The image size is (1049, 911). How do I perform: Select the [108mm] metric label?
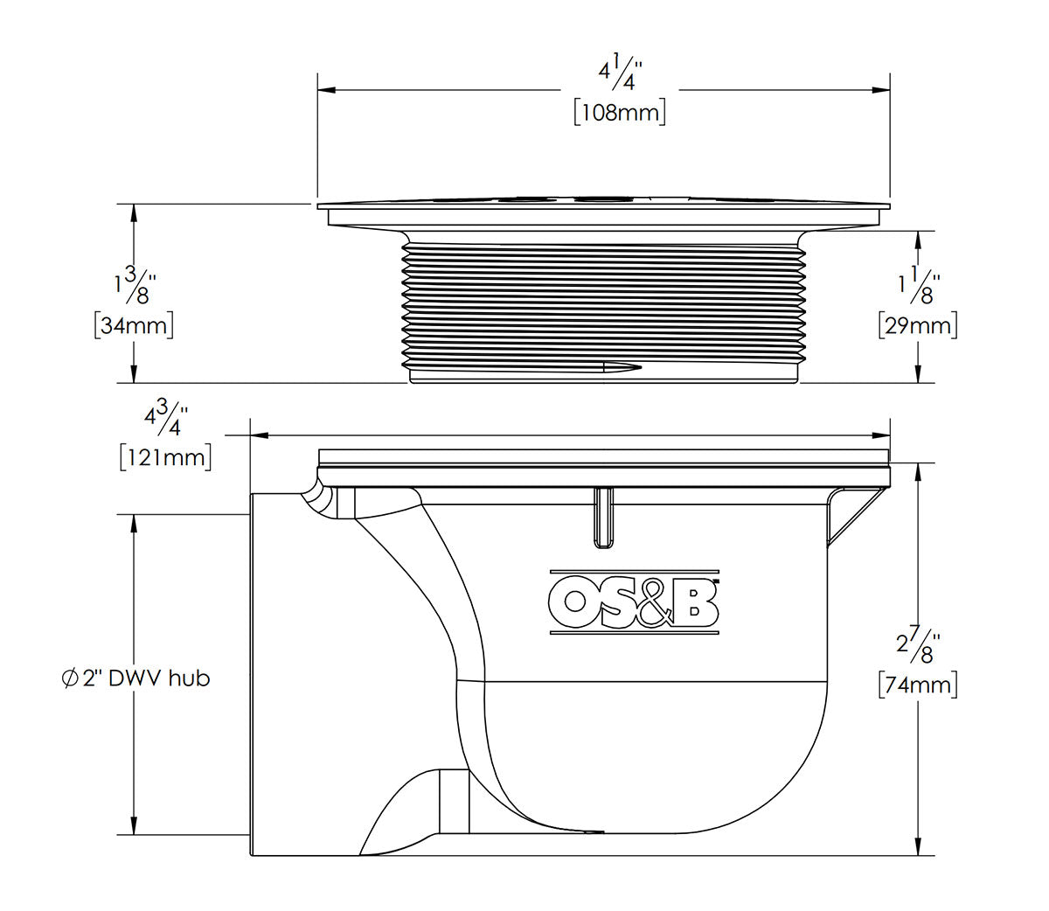tap(619, 113)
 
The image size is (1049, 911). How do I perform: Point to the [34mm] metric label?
tap(133, 325)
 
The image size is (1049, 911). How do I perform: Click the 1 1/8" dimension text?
tap(916, 284)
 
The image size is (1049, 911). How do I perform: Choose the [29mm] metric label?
tap(917, 325)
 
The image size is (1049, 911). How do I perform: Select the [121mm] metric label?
tap(165, 456)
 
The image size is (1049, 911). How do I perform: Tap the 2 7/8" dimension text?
tap(916, 643)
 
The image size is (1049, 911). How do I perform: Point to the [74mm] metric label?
tap(917, 685)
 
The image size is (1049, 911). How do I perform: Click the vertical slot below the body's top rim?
tap(603, 518)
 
